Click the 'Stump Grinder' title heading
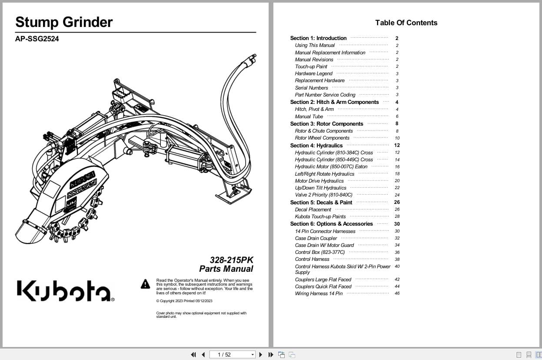[64, 22]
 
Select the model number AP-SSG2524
[37, 39]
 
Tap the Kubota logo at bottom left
[65, 290]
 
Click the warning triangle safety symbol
[145, 284]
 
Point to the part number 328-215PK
[231, 260]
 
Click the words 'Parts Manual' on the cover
[226, 269]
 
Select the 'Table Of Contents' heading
[406, 23]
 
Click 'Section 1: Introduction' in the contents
[318, 38]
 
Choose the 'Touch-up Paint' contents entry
[311, 67]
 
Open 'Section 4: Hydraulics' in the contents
[316, 146]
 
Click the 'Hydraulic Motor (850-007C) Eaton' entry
[331, 167]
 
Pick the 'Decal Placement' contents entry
[313, 210]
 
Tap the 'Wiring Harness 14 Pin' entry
[319, 293]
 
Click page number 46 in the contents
[397, 293]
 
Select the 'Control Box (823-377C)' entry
[319, 252]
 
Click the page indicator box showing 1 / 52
[232, 355]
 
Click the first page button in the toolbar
[193, 355]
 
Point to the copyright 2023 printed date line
[184, 301]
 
